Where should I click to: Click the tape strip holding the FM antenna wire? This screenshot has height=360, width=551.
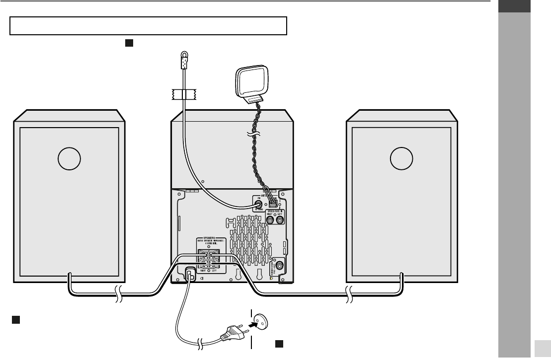[183, 93]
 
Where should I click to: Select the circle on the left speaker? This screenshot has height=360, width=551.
[69, 158]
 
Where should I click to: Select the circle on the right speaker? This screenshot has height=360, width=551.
[401, 158]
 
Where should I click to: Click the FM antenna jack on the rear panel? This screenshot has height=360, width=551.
[259, 203]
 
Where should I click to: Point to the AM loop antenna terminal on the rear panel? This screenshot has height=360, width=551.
[273, 202]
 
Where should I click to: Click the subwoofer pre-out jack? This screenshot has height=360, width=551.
[280, 266]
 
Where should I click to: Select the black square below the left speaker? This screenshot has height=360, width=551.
[16, 319]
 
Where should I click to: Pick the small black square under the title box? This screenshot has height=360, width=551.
[128, 43]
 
